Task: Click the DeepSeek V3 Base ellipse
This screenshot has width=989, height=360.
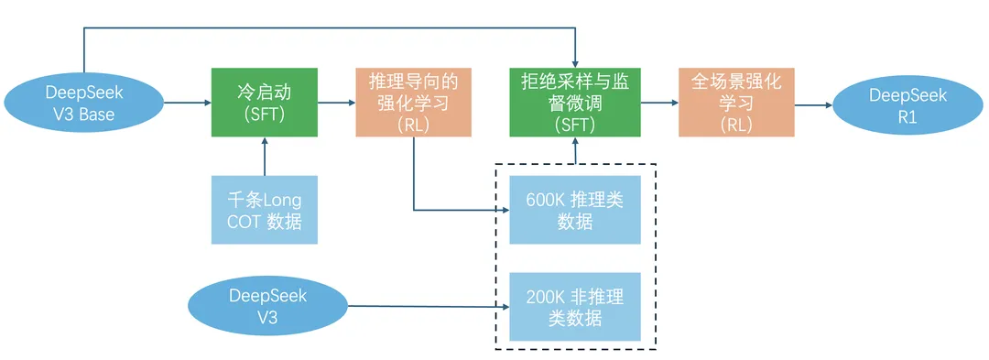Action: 84,104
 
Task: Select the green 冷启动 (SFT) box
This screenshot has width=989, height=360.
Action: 264,103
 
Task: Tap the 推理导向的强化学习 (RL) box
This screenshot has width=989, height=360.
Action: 413,103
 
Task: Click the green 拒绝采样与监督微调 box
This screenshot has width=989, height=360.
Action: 575,103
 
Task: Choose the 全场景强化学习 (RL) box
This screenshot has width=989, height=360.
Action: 736,103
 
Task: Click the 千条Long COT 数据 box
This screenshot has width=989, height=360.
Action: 264,210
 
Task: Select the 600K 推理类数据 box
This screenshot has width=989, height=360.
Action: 574,211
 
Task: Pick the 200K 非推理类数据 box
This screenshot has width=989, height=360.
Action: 574,307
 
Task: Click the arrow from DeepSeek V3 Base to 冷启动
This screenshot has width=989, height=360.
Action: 187,104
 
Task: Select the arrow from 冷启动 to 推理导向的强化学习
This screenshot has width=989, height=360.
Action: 336,104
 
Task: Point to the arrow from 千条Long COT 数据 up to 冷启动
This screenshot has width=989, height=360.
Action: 264,156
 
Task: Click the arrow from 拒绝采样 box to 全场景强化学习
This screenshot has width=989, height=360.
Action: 659,104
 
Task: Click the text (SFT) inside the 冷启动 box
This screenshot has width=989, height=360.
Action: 264,116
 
